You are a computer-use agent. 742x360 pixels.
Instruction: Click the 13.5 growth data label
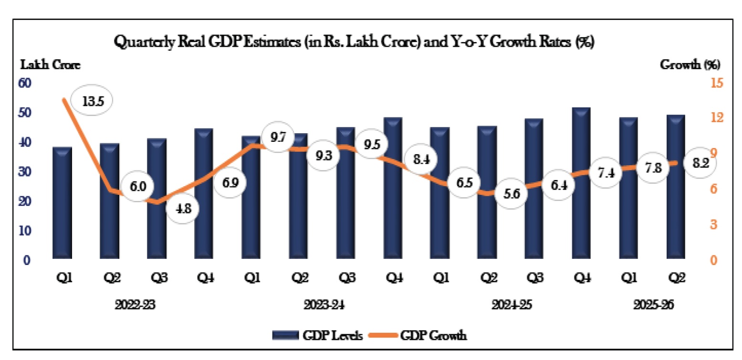pyautogui.click(x=91, y=101)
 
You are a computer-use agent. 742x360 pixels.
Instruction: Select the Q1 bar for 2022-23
pyautogui.click(x=63, y=203)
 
